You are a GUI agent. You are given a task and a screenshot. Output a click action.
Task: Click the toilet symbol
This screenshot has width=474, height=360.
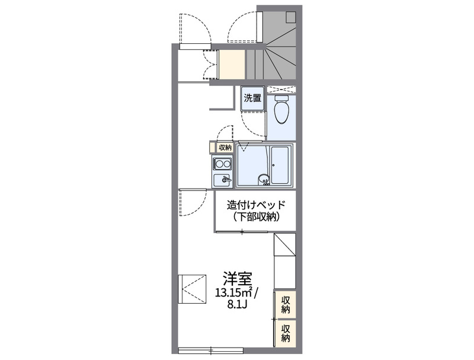[282, 110]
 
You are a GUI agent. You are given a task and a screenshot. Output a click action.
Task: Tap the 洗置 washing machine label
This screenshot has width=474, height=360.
[253, 98]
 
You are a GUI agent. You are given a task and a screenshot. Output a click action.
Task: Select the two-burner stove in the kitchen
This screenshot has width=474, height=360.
[223, 164]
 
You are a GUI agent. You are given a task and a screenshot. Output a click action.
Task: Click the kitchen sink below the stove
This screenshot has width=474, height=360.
[223, 179]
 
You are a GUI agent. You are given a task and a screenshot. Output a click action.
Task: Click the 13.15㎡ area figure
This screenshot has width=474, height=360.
[233, 292]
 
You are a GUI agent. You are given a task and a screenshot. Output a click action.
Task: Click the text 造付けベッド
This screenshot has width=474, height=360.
[256, 205]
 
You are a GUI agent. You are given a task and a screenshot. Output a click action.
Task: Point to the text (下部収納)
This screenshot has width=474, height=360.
[256, 217]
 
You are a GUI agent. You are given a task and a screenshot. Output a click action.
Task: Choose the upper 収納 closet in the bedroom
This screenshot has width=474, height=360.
[286, 303]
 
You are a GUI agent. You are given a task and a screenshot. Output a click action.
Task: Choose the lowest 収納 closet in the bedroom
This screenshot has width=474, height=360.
[286, 333]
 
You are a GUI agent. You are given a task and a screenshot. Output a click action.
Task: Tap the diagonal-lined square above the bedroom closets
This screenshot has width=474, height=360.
[285, 244]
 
